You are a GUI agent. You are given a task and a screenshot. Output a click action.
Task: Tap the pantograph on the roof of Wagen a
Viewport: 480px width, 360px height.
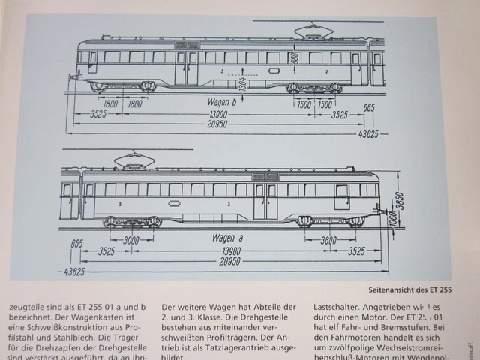[132, 159]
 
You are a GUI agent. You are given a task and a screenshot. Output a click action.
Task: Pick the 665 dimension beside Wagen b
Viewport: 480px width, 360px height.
[368, 107]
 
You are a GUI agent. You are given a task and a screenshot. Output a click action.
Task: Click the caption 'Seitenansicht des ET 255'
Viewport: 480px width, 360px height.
[409, 288]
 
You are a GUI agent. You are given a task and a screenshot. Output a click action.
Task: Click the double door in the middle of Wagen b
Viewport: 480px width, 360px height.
[186, 66]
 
